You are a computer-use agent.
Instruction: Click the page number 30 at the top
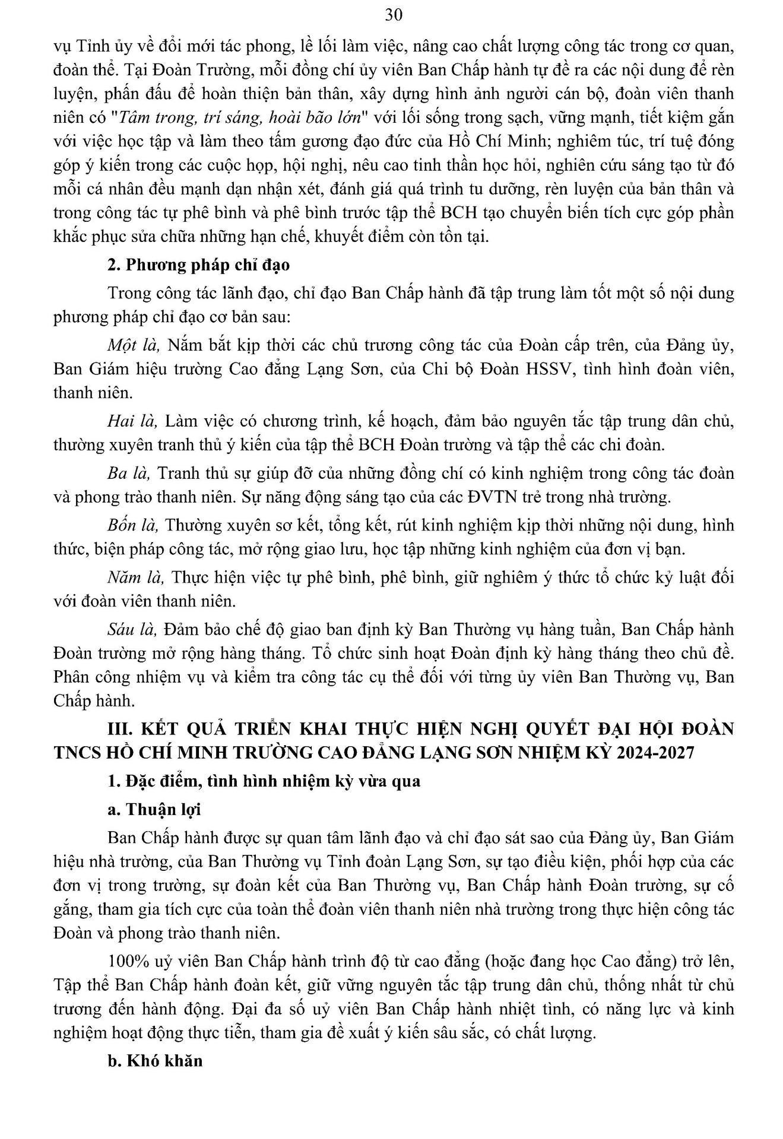coord(394,15)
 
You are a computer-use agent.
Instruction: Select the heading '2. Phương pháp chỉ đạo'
coord(198,265)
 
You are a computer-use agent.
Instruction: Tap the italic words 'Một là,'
coord(134,345)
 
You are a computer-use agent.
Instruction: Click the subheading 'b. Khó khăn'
coord(155,1061)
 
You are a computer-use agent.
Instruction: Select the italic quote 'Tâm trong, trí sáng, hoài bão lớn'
coord(240,117)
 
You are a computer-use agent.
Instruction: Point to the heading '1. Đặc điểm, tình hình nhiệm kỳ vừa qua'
coord(264,781)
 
